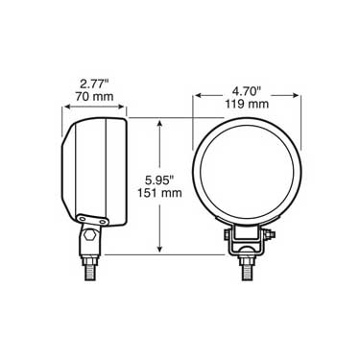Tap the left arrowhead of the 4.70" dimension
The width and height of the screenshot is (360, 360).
click(199, 96)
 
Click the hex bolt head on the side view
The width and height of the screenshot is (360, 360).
click(90, 235)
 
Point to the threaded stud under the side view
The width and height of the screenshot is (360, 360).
click(90, 267)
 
